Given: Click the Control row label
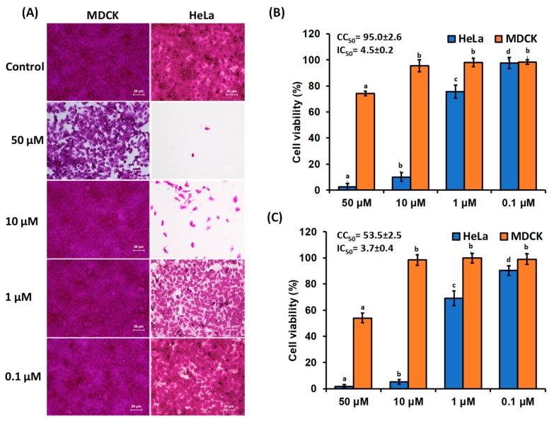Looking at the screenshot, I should [24, 67].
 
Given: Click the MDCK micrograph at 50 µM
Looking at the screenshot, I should [98, 140].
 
